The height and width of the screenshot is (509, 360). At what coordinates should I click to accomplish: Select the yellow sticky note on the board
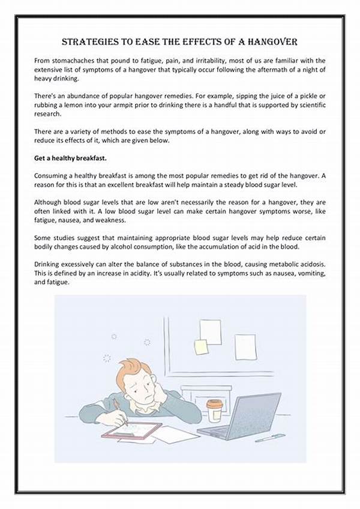click(x=202, y=347)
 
